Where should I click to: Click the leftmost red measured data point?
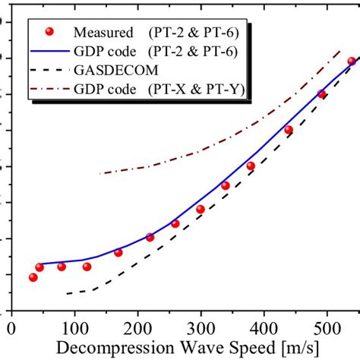click(x=33, y=277)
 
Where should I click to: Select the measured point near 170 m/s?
click(x=118, y=252)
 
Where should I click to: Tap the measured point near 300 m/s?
click(x=201, y=209)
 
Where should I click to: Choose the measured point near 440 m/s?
click(x=289, y=130)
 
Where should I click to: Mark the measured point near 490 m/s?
click(x=321, y=94)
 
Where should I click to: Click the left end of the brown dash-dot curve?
click(x=101, y=173)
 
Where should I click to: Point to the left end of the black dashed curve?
click(x=67, y=293)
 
